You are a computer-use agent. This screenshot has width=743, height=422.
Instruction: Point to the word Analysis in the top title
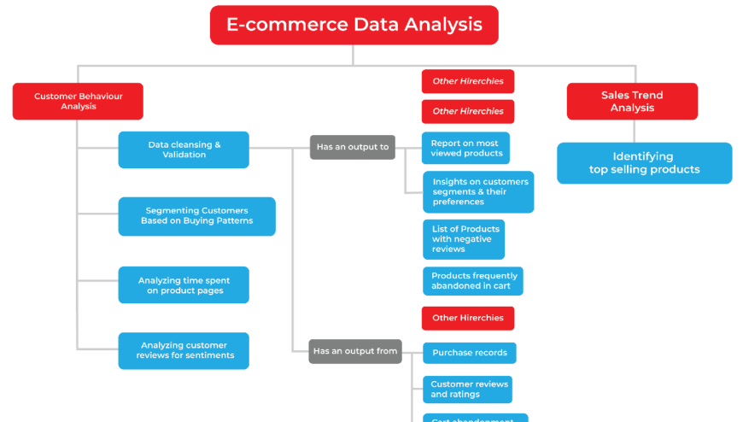click(443, 25)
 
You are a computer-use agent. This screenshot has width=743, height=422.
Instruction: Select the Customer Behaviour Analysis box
click(78, 101)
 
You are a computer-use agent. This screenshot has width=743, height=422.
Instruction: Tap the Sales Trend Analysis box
click(632, 101)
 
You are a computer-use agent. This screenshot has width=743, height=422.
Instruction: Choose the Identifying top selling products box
click(644, 162)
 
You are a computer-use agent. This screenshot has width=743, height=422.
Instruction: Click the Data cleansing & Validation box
click(184, 149)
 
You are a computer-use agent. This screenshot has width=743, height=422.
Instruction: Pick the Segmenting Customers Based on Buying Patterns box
click(196, 216)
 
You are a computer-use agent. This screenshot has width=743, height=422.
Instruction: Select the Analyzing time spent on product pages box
click(184, 285)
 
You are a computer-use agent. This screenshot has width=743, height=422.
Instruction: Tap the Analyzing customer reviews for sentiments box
click(184, 350)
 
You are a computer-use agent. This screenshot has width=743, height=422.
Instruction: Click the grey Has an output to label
click(353, 147)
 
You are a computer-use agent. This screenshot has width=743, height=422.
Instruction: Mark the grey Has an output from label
click(355, 351)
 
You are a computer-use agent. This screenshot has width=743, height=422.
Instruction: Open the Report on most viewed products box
click(465, 148)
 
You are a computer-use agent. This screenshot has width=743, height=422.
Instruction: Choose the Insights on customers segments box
click(478, 191)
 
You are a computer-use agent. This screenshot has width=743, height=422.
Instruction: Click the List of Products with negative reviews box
click(464, 239)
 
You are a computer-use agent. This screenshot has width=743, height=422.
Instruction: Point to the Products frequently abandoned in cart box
click(472, 281)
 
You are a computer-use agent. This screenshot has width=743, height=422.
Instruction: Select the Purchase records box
click(470, 353)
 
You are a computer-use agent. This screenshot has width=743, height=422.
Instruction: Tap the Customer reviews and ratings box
click(467, 390)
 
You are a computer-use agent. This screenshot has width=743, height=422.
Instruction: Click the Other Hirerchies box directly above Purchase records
click(468, 318)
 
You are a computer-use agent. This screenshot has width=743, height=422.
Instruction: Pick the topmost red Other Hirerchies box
click(468, 81)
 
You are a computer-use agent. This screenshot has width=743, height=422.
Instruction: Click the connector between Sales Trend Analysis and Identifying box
click(633, 131)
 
